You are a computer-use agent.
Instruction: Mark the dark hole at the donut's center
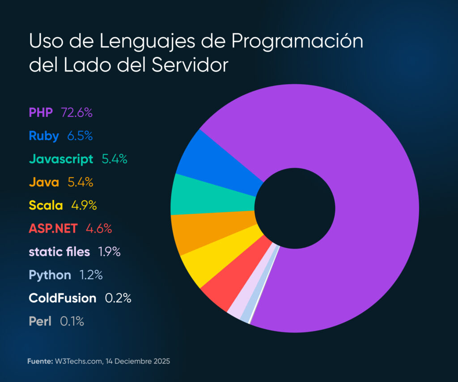(x=295, y=208)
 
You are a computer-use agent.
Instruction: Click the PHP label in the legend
(x=41, y=112)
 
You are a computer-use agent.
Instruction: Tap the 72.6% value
(x=76, y=112)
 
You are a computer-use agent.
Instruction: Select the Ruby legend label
(x=44, y=136)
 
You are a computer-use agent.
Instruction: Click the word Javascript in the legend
(x=61, y=159)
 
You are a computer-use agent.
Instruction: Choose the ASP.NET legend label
(x=53, y=229)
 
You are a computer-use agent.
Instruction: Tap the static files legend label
(x=59, y=252)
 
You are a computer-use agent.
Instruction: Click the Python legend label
(x=50, y=275)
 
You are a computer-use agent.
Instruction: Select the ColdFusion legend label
(x=62, y=298)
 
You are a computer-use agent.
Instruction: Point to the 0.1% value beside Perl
(x=72, y=322)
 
